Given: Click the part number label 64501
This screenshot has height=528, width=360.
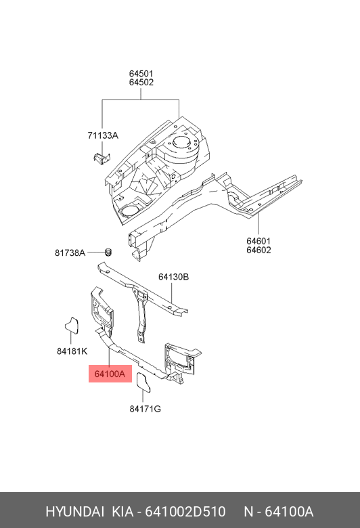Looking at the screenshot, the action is point(141,73).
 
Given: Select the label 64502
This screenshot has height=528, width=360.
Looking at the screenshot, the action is point(141,82).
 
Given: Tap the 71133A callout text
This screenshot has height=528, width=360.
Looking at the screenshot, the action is point(103,135).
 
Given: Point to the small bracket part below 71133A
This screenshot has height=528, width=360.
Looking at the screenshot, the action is point(102,158).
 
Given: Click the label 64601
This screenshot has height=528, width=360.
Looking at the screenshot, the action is point(258,241).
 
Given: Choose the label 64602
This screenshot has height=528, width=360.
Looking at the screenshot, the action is point(258,250).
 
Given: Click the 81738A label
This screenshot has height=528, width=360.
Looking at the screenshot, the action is point(70,252).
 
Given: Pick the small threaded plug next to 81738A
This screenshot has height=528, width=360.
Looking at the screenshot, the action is point(108,252).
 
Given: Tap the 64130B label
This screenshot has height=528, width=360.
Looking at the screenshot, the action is point(173,277).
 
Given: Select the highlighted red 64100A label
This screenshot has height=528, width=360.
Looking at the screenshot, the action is point(110,374).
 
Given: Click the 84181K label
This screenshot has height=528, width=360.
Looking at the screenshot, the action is point(72,351).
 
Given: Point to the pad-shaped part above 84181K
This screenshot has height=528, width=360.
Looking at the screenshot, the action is point(72,326).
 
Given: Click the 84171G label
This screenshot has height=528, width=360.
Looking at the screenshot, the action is point(145,409).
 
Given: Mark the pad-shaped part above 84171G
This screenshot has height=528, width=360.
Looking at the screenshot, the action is point(143,382).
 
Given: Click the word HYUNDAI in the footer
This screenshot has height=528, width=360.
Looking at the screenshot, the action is point(74,512).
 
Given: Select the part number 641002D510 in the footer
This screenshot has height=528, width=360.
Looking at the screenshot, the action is point(185,512).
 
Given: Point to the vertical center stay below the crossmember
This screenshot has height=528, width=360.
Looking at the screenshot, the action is point(141,315).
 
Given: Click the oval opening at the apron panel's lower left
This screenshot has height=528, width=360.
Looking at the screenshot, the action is point(129,211).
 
